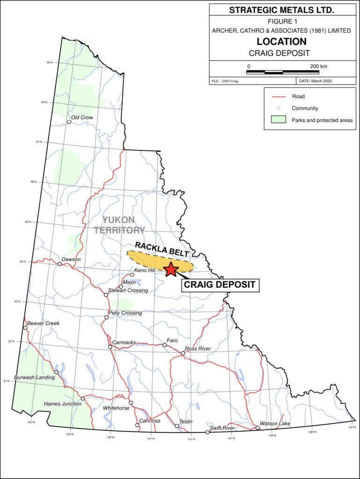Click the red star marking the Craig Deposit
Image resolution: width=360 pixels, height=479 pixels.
point(171,269)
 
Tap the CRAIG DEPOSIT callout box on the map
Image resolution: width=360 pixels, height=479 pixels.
point(220,284)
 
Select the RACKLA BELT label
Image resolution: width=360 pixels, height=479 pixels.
point(162,249)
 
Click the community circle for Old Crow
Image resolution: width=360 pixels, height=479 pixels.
point(69,122)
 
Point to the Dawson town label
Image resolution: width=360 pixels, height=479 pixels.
point(71,259)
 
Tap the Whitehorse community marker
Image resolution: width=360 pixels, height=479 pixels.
point(131,403)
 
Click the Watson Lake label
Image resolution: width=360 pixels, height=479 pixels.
point(275,424)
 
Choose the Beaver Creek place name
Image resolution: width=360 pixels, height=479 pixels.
point(44,323)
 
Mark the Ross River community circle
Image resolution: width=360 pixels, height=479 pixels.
point(183,353)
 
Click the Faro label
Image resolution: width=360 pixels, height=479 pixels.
point(172,341)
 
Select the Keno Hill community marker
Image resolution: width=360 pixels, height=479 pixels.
point(132,275)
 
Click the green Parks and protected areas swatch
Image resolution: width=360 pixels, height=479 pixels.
point(278,120)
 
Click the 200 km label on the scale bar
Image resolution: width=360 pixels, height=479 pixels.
point(318,66)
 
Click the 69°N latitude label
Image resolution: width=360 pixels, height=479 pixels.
point(50,62)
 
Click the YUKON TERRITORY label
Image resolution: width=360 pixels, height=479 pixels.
point(119,225)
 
